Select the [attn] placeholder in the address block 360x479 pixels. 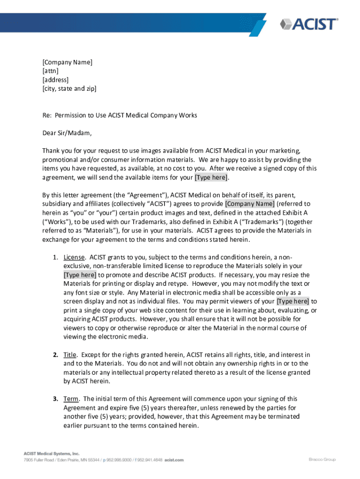click(50, 71)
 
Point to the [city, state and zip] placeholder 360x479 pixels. click(70, 88)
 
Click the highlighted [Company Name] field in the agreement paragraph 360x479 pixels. click(250, 204)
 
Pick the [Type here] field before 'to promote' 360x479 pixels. click(80, 275)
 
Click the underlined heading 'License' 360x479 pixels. click(74, 257)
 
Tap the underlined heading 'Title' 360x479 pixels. click(70, 355)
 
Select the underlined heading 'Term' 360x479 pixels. click(72, 399)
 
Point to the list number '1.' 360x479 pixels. click(55, 257)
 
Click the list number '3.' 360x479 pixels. click(55, 399)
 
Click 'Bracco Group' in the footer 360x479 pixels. click(322, 459)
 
